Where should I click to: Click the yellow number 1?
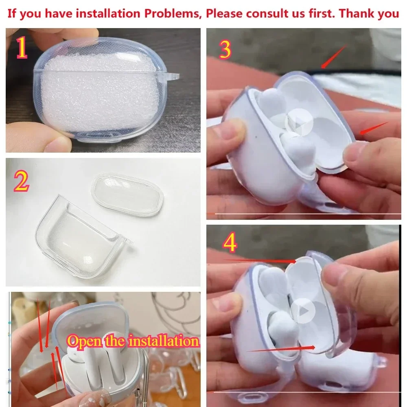tap(22, 48)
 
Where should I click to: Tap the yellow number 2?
tap(21, 181)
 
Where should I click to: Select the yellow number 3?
tap(225, 50)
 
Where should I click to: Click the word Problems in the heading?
tap(173, 13)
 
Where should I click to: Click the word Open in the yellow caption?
tap(85, 341)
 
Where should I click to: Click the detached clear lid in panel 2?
tap(127, 195)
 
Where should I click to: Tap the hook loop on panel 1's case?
tap(172, 77)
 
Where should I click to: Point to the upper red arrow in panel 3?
tap(334, 56)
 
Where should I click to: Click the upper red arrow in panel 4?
tap(260, 260)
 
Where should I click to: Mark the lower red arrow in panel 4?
tap(281, 349)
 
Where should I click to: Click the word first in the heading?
tap(322, 13)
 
